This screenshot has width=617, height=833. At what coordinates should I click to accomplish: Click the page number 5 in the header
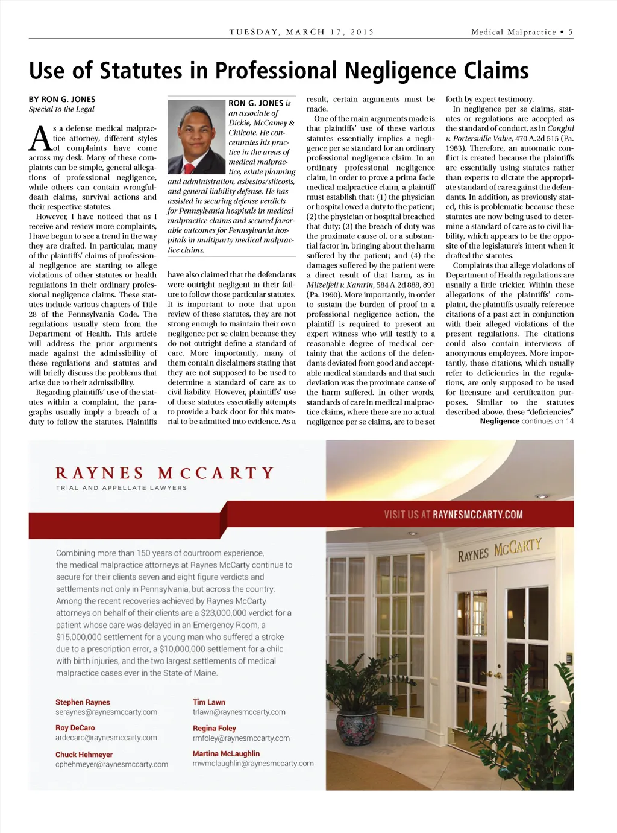pos(570,32)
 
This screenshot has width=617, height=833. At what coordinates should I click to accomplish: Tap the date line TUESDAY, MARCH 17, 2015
pos(301,32)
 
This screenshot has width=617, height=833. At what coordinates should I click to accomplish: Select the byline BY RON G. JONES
pos(62,100)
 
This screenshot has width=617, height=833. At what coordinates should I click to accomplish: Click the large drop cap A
pos(40,139)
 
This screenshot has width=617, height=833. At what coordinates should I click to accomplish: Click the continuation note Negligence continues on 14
pos(527,421)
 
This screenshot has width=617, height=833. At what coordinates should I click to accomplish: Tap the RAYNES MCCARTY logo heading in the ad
pos(164,473)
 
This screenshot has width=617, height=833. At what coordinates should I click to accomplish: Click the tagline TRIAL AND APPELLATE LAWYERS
pos(121,488)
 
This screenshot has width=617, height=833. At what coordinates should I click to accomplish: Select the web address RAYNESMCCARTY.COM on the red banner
pos(478,515)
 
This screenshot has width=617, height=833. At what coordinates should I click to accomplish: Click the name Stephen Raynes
pos(83,702)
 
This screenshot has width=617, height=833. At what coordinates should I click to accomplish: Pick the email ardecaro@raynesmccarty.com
pos(106,738)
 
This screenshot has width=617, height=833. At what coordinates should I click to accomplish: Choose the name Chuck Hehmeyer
pos(84,755)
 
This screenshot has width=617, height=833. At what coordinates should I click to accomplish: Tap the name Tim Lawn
pos(208,702)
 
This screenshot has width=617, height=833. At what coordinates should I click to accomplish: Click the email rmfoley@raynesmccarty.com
pos(241,738)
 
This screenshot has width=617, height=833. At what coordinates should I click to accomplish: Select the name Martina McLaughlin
pos(226,754)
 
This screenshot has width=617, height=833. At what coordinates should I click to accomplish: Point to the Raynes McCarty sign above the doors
pos(500,550)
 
